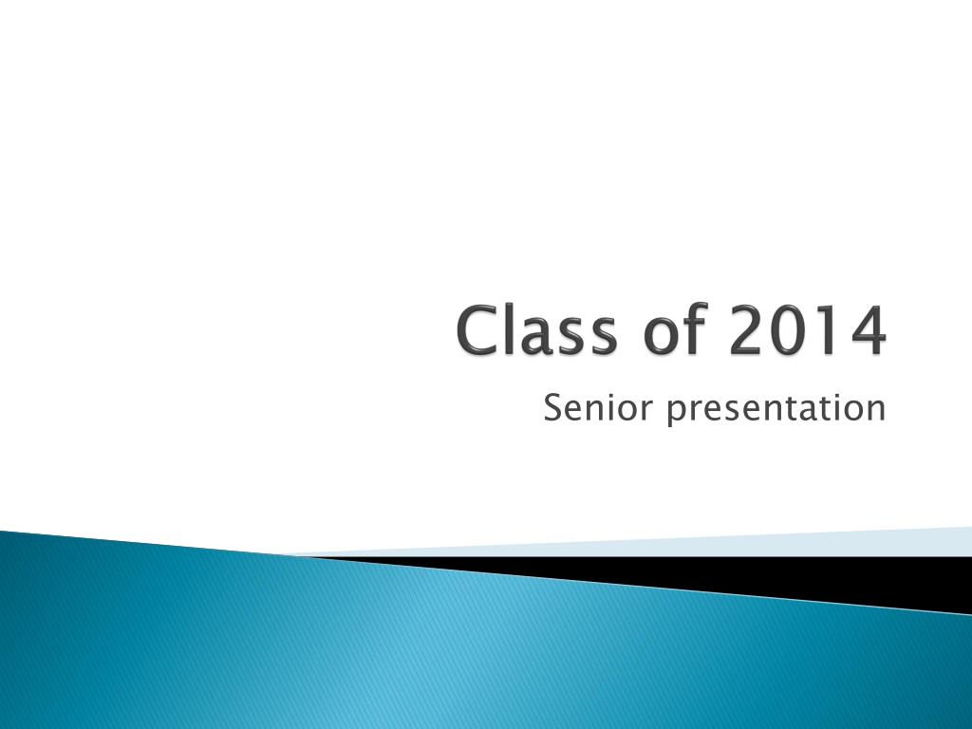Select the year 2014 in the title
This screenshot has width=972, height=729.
click(x=808, y=330)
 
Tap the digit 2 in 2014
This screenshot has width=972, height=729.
click(x=747, y=330)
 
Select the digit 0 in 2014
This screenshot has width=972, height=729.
click(x=789, y=331)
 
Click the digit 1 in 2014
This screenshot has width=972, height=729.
click(x=828, y=330)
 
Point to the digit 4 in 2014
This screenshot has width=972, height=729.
click(x=868, y=330)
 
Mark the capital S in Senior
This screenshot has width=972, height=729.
click(x=553, y=408)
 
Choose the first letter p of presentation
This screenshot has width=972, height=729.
click(x=677, y=415)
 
